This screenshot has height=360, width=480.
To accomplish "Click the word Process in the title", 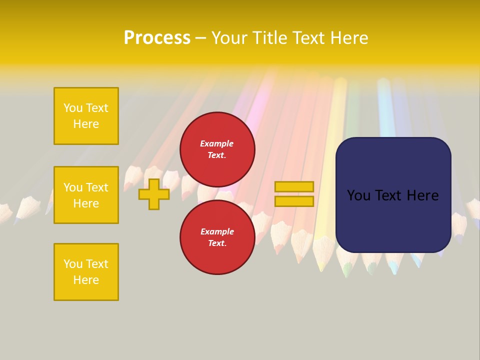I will click(x=157, y=38).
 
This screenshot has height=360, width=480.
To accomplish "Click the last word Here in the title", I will click(x=349, y=38).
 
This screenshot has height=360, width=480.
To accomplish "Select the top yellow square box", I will click(x=86, y=116).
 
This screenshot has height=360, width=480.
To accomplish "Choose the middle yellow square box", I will click(x=86, y=195).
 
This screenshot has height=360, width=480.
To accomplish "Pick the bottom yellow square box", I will click(x=86, y=272).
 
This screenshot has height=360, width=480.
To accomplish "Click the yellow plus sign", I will click(x=154, y=194).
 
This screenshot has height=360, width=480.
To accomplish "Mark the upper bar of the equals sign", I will click(x=294, y=187).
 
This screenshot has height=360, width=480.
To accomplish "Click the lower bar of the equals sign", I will click(x=294, y=201).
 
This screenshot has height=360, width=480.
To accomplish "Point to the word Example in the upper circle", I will click(x=217, y=143).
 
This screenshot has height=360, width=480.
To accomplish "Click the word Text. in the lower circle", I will click(x=217, y=243).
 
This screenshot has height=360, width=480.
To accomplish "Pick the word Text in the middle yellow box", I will click(x=96, y=187).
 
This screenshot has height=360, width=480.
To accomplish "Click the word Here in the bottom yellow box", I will click(x=86, y=280).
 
